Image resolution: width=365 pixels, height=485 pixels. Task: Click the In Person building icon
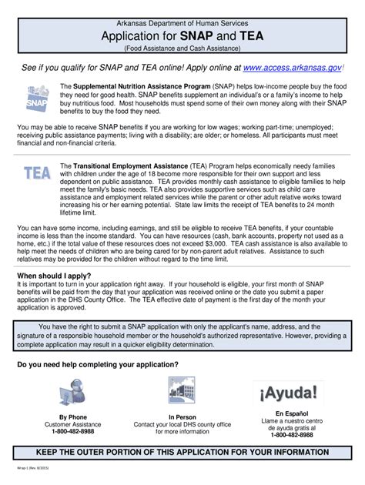[x=182, y=393]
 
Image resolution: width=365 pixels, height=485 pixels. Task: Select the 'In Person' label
[x=182, y=417]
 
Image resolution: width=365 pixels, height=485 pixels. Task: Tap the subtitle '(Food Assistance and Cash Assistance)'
[x=182, y=48]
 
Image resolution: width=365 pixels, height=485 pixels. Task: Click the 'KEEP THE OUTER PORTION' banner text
[x=182, y=452]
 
